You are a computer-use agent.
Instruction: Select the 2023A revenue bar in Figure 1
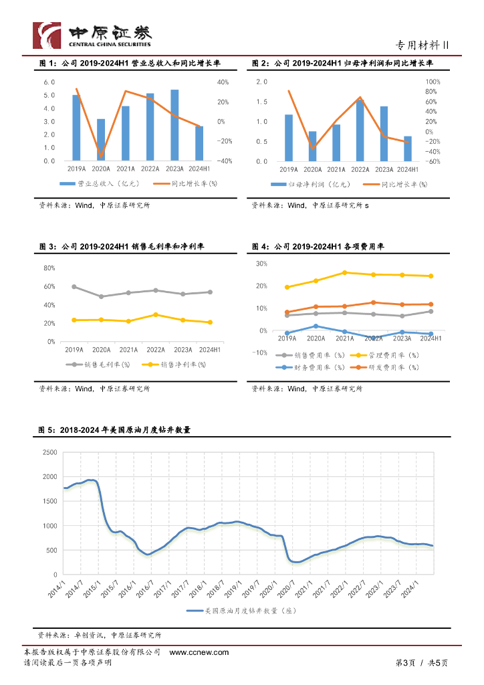pos(174,125)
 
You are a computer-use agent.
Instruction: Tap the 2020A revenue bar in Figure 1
pos(101,140)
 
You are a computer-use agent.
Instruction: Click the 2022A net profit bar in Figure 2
pos(360,130)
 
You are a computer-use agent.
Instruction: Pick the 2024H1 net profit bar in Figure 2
pos(408,149)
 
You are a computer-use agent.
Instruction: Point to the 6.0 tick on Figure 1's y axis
pos(49,82)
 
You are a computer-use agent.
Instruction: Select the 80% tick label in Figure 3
pos(49,268)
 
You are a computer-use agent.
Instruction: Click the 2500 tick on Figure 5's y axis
pos(49,452)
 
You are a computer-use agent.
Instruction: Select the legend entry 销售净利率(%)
pos(174,365)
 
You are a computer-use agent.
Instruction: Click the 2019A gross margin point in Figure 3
pos(74,286)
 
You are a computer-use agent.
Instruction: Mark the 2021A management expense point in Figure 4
pos(345,272)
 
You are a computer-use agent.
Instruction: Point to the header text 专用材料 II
pos(422,45)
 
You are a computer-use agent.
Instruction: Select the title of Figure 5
pos(114,430)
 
